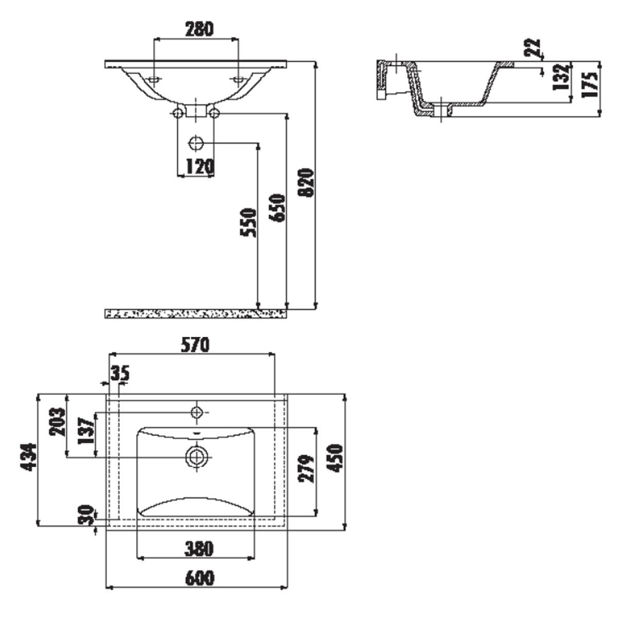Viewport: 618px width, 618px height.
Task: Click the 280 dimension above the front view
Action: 199,29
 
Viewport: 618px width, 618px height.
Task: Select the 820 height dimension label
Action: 306,182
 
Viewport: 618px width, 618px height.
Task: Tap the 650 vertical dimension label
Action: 277,208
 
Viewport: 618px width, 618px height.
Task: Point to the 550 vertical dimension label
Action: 249,222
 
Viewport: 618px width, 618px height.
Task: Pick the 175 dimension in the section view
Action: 590,84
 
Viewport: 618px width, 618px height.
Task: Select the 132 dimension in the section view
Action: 561,78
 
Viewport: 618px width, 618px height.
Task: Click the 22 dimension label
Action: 533,47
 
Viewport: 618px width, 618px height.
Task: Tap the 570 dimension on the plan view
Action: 195,345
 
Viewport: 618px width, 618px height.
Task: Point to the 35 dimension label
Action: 120,373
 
